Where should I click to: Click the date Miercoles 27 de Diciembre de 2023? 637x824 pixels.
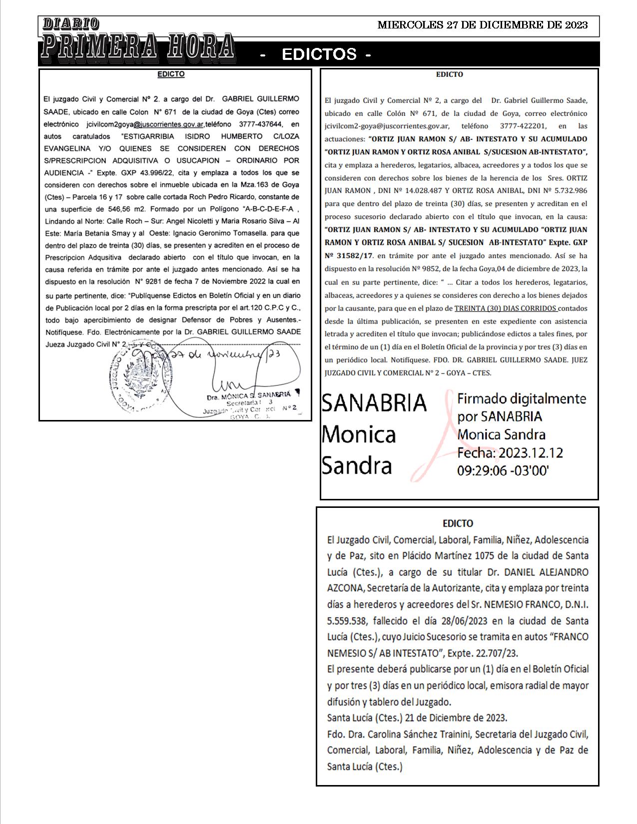click(482, 25)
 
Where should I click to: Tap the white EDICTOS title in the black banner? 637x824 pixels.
click(319, 54)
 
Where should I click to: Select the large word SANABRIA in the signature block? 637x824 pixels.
click(374, 403)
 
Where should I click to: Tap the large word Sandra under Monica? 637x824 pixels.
click(356, 465)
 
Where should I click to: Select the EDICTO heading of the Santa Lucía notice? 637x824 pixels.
click(458, 523)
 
